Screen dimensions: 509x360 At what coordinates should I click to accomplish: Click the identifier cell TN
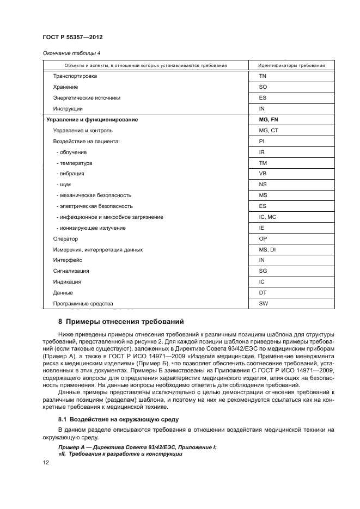tap(263, 76)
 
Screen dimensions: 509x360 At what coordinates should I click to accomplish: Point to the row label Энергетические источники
tap(87, 98)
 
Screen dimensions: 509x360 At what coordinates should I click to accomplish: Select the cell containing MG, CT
tap(269, 131)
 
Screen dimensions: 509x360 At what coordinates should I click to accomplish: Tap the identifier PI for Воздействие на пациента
tap(261, 142)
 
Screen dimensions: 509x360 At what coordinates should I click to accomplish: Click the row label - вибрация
tap(70, 174)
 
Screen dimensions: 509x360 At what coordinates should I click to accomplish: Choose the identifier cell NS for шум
tap(263, 185)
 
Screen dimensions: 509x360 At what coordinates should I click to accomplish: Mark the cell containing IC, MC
tap(268, 217)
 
